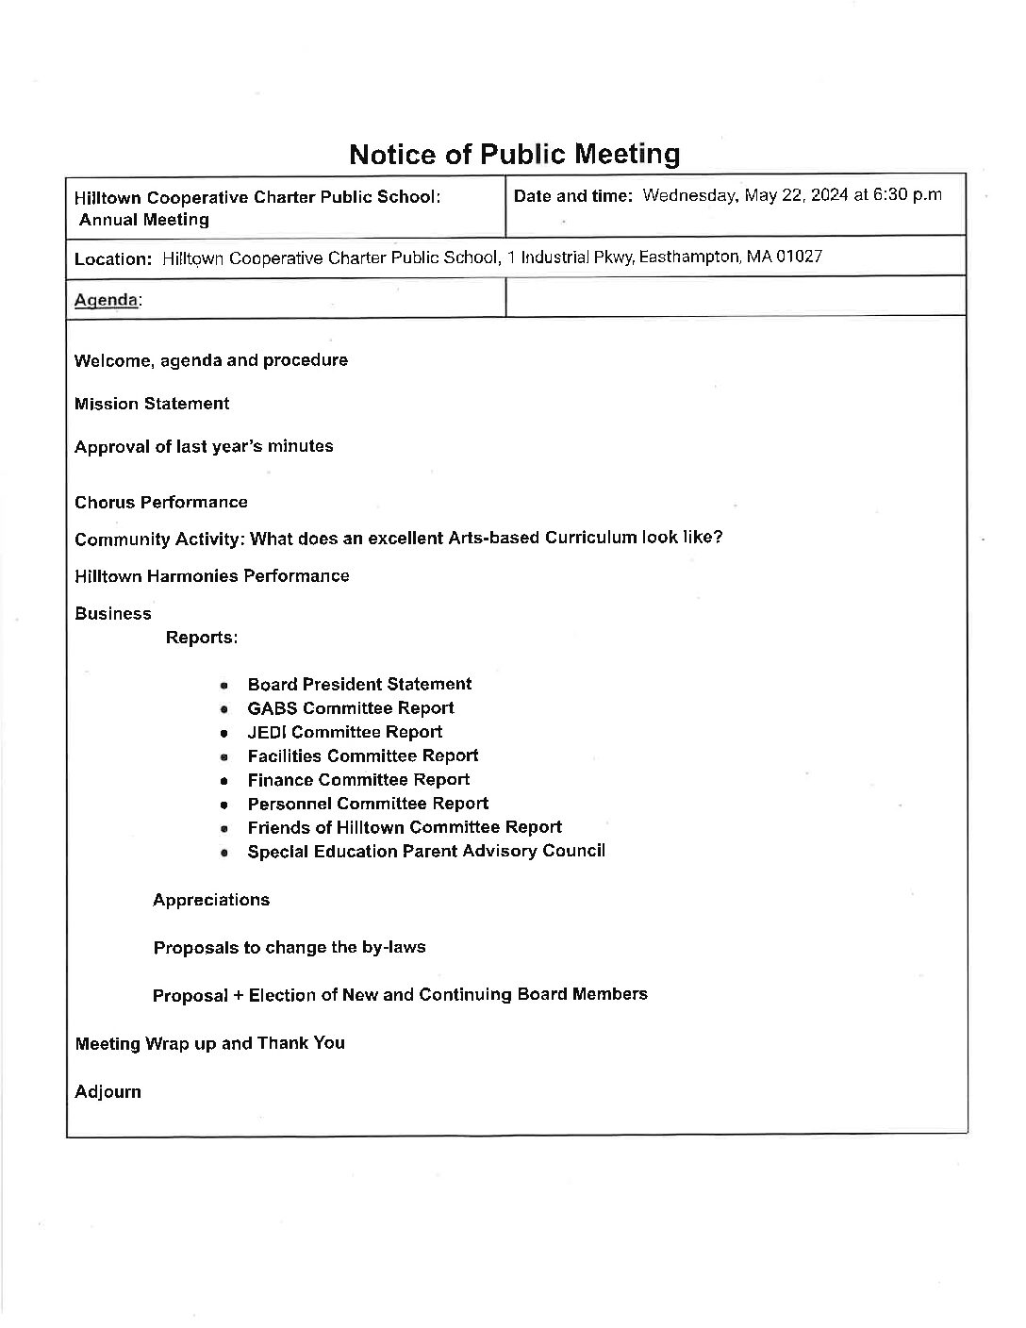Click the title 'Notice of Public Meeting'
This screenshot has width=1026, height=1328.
pos(514,154)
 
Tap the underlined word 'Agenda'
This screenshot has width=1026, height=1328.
pos(107,300)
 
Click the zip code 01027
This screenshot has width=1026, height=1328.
pos(797,257)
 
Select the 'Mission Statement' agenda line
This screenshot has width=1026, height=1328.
pos(152,404)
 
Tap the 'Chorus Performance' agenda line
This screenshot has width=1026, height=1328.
pos(161,502)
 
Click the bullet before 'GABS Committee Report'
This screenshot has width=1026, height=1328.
pos(224,709)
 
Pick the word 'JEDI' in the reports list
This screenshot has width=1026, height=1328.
pos(267,732)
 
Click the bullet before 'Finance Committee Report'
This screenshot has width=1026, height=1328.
pos(224,781)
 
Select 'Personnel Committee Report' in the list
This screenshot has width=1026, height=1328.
pos(368,804)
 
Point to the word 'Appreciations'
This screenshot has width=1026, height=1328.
pos(211,900)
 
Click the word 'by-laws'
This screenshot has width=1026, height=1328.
pos(393,947)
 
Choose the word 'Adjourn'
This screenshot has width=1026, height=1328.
pos(108,1092)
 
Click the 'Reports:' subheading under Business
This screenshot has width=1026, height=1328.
pos(202,638)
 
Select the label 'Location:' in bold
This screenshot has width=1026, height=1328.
pos(113,258)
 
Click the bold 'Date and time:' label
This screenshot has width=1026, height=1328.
pos(573,196)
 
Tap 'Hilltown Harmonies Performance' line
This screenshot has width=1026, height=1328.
pos(211,575)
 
